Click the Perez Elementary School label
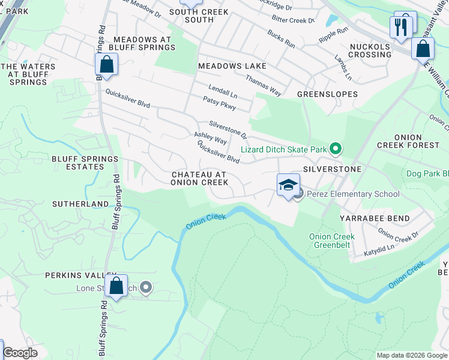353,194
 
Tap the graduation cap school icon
288,185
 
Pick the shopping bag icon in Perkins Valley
116,287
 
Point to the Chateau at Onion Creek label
199,178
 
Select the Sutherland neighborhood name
80,204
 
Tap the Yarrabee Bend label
375,218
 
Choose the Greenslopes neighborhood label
327,94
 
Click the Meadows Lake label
232,66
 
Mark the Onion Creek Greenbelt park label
332,241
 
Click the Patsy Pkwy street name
219,103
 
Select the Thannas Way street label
263,85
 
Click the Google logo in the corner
20,353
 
